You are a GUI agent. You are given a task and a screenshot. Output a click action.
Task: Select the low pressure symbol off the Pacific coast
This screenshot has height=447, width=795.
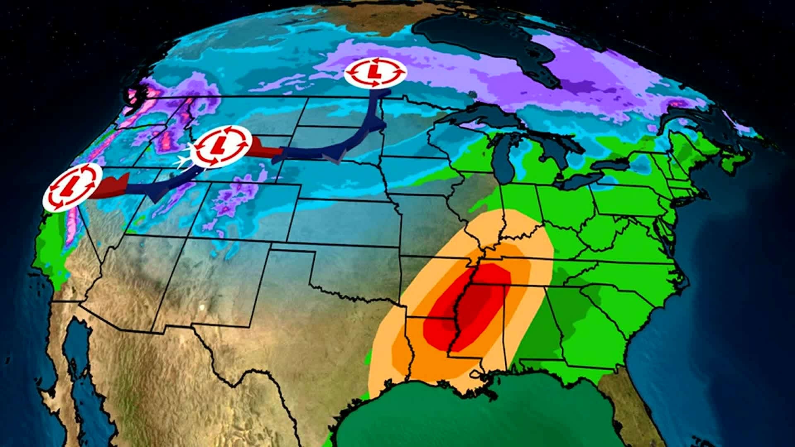[x=72, y=187]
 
